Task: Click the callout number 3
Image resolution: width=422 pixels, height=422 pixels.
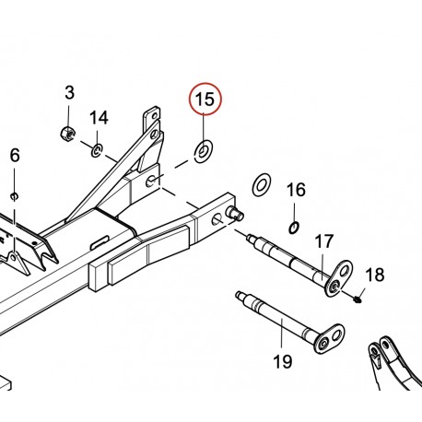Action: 70,93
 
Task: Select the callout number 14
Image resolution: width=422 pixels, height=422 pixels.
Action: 99,118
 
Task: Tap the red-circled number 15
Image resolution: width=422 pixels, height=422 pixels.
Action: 205,100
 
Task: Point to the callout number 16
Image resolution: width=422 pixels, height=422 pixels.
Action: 296,190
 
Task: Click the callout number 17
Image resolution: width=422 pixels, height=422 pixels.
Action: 324,241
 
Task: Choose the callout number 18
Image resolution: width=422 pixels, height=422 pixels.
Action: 375,275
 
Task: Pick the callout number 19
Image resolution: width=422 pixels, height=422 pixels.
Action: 283,362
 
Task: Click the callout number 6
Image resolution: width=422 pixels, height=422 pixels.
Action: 15,156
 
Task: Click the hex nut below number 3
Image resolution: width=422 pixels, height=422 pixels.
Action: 68,134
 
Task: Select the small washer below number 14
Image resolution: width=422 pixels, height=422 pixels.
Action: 97,150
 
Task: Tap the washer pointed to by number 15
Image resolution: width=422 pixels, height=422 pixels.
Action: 205,151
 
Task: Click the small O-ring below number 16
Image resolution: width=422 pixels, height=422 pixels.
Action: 294,228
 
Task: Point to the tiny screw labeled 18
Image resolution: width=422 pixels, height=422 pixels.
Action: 358,299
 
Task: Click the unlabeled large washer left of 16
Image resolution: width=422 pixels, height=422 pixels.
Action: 262,185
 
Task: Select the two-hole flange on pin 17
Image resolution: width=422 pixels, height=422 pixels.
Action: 338,278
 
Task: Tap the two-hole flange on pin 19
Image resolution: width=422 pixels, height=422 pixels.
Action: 330,339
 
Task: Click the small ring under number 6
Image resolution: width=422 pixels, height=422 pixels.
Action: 14,196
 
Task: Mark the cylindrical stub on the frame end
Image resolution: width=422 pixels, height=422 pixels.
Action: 235,213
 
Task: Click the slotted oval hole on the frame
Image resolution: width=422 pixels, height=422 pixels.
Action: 99,242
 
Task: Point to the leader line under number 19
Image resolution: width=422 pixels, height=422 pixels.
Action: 282,335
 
